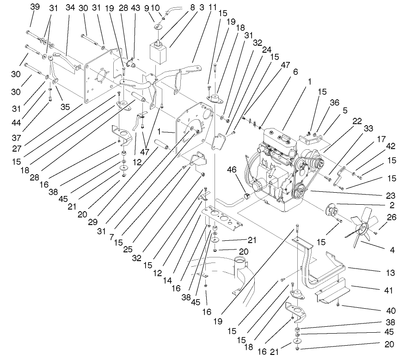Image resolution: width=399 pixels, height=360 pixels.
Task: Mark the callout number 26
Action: [x=392, y=217]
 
